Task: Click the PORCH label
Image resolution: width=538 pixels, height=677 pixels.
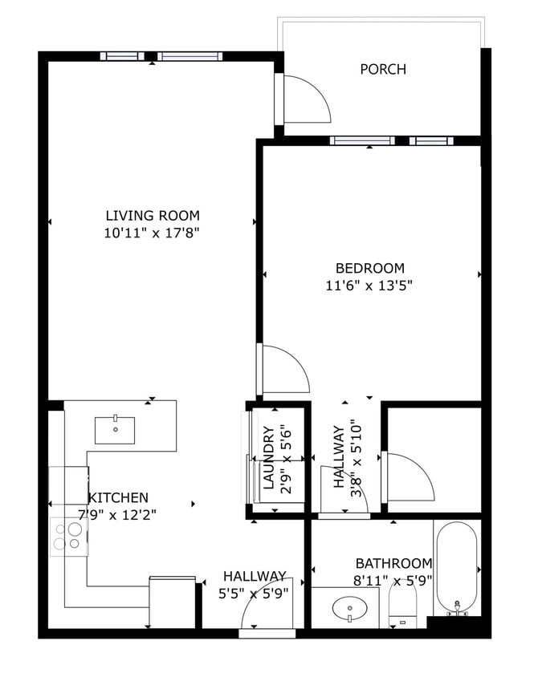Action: pos(383,70)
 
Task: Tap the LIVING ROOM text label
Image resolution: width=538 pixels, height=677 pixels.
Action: pos(153,215)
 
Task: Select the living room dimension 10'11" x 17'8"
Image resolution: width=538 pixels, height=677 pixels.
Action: pos(153,233)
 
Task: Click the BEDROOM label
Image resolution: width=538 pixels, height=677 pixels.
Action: pos(370,268)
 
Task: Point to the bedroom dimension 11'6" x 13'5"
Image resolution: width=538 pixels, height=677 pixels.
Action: pos(370,285)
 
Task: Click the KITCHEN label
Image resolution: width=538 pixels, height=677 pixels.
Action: pos(119,497)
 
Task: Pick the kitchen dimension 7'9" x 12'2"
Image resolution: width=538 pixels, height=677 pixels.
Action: pos(117,514)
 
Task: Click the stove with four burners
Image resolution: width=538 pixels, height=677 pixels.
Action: pos(69,536)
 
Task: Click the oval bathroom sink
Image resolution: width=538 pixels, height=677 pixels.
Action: pos(351,611)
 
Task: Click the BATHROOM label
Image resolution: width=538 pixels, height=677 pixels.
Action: pos(393,563)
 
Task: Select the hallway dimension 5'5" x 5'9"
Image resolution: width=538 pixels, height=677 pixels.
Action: pos(255,594)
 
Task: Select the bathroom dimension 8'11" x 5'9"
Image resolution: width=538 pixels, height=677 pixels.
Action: pos(393,580)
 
